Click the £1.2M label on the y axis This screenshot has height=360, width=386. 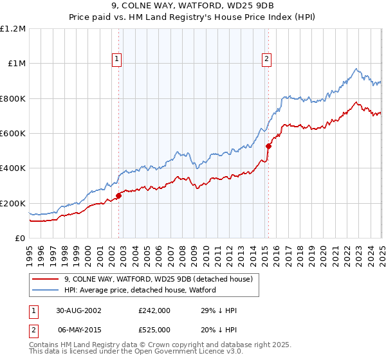click(13, 29)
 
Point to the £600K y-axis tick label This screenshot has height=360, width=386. click(13, 134)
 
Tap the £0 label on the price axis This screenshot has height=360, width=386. click(20, 239)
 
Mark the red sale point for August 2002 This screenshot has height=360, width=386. click(119, 195)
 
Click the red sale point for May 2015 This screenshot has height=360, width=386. click(268, 146)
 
